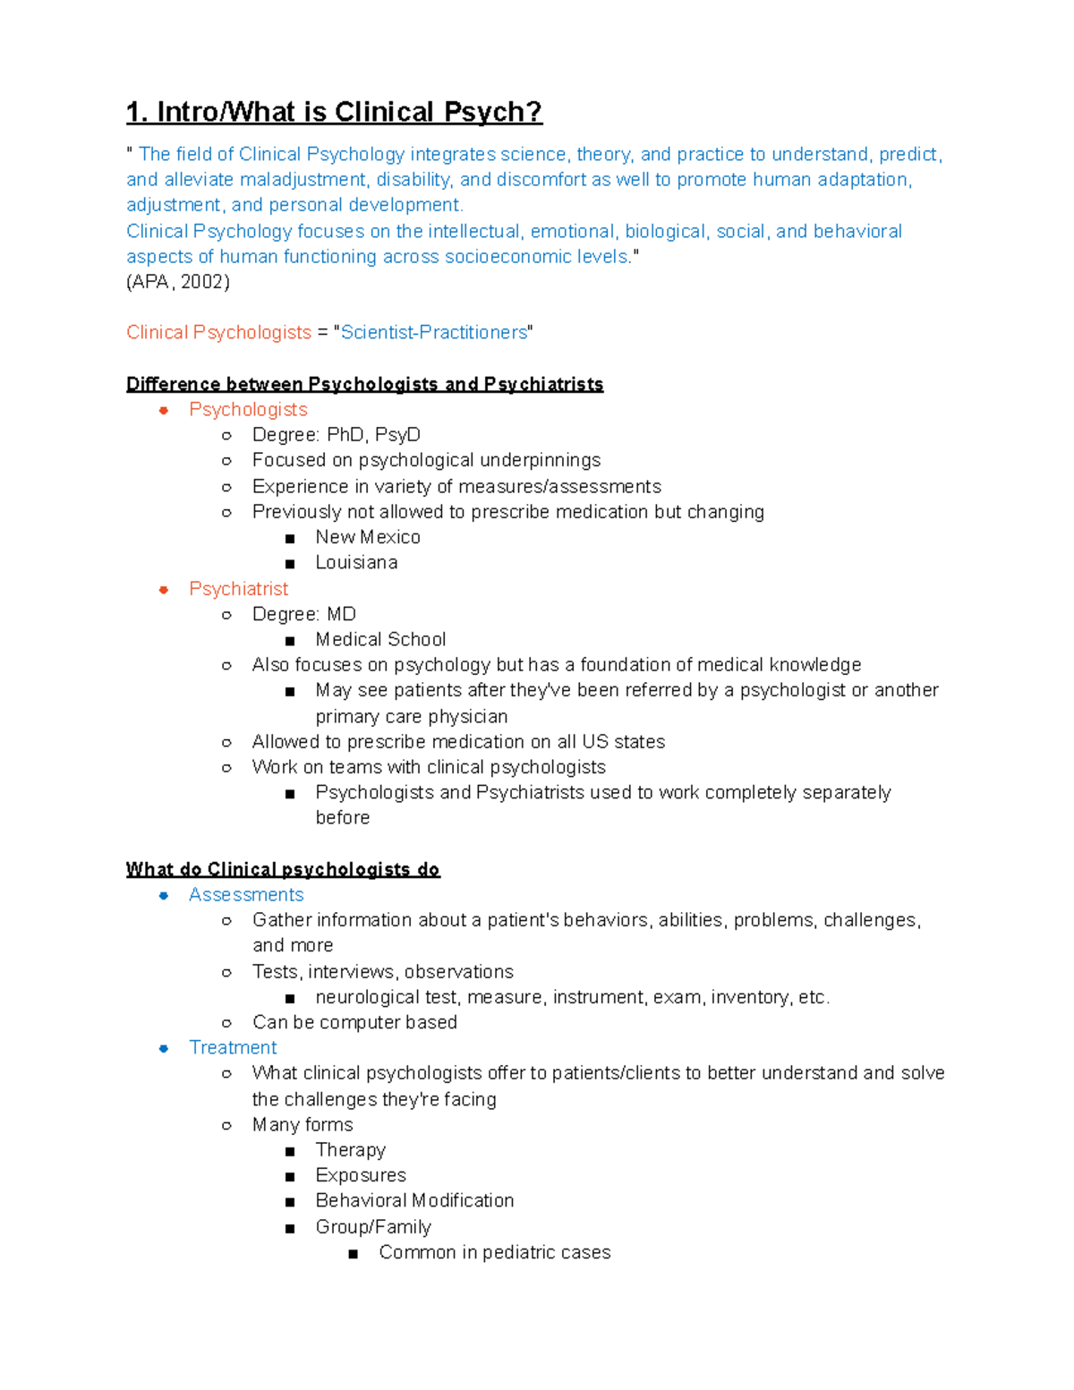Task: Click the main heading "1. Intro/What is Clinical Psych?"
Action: coord(334,112)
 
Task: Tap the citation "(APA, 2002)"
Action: coord(178,282)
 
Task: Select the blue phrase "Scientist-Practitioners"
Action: coord(434,333)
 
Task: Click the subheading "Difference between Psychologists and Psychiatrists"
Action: coord(364,384)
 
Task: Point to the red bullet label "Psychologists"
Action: coord(248,410)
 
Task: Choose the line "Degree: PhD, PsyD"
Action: coord(336,435)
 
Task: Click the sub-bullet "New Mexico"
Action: coord(367,537)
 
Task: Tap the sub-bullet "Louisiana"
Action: coord(356,563)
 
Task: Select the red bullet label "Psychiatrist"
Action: coord(238,589)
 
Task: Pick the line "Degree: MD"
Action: coord(303,614)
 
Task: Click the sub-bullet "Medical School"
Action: coord(380,640)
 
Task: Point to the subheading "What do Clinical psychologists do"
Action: coord(283,869)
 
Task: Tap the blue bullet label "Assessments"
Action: coord(246,895)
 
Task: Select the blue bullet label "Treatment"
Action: coord(233,1048)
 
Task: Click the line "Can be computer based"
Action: coord(354,1022)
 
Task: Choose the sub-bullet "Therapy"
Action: coord(350,1150)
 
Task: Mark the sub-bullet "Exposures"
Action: coord(361,1175)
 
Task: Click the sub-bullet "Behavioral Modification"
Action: coord(414,1201)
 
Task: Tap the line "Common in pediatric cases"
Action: coord(494,1252)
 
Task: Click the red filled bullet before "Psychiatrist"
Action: coord(164,590)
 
